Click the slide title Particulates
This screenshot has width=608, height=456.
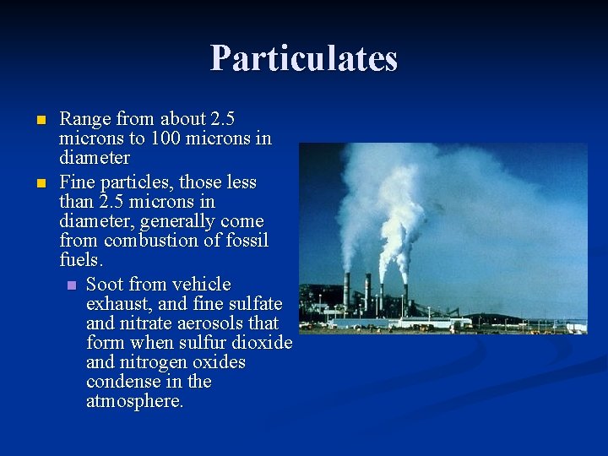(303, 58)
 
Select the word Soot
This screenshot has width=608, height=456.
(105, 284)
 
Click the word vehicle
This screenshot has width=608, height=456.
(201, 284)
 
